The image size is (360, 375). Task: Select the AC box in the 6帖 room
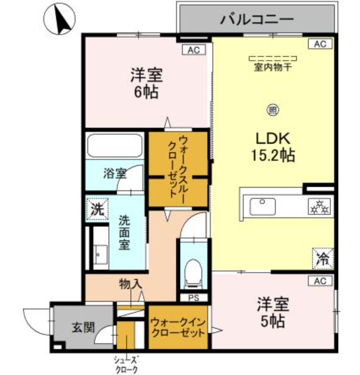193,50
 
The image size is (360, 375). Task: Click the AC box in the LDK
319,44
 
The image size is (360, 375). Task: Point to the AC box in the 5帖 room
319,280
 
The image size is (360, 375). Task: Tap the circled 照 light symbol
273,109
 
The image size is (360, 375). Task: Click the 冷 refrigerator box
323,258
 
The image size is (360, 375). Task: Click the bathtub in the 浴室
114,146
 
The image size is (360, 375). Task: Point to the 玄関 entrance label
83,328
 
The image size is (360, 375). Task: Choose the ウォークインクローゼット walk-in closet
177,327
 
